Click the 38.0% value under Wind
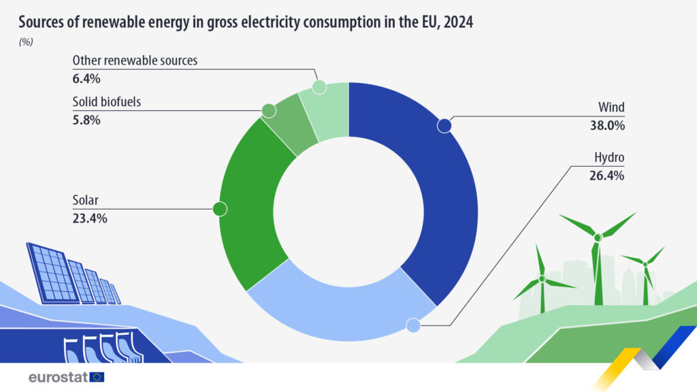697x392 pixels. (607, 125)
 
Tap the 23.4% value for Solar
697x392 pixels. (90, 218)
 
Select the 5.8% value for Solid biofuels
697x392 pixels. (86, 120)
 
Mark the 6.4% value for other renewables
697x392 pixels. (86, 78)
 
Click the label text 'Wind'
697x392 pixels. (611, 108)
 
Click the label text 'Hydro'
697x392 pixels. (609, 158)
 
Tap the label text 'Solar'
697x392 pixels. (86, 201)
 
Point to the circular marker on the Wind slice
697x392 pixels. (444, 126)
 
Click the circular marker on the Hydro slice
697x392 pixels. (412, 326)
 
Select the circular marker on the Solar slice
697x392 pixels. (220, 209)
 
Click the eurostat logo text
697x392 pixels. (58, 377)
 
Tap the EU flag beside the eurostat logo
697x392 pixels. (97, 377)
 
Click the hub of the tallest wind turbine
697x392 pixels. (598, 238)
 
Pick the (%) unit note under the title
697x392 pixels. (26, 42)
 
